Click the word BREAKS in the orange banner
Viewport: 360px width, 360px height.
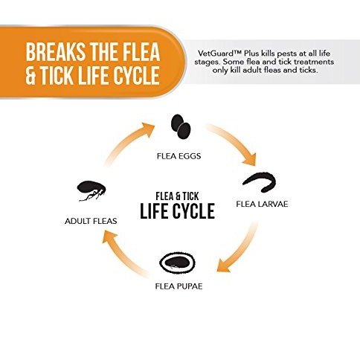click(x=55, y=52)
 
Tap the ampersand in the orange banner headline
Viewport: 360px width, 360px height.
click(x=30, y=75)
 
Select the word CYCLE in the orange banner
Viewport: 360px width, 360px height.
click(x=136, y=75)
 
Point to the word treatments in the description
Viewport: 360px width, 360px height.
click(x=314, y=62)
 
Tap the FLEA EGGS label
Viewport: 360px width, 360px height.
click(x=179, y=156)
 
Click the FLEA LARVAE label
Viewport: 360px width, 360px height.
click(x=262, y=204)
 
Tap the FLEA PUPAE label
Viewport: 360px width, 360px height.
click(x=179, y=286)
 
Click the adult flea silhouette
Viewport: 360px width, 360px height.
click(x=91, y=191)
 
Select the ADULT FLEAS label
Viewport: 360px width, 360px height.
click(x=91, y=221)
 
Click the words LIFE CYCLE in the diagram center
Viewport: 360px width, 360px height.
click(x=178, y=211)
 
